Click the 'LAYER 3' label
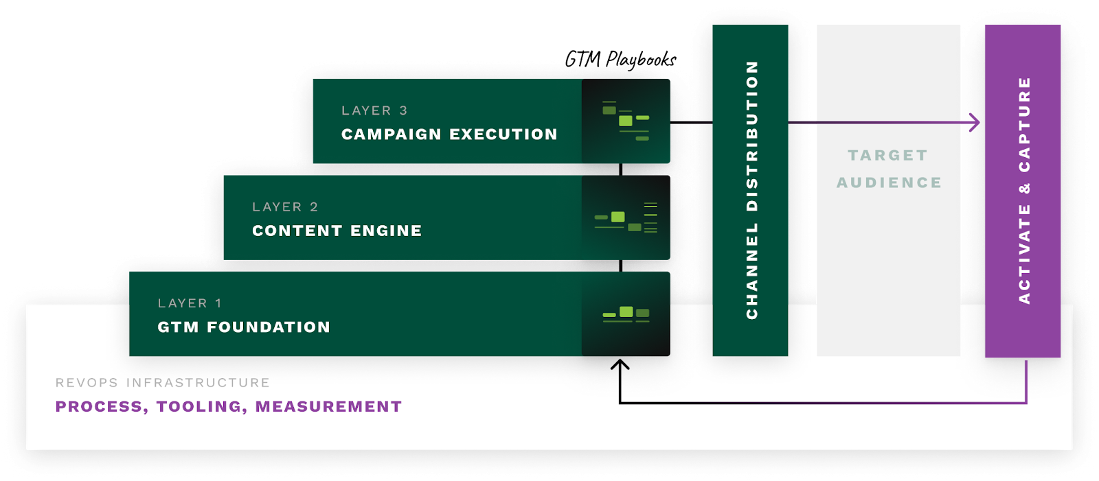pos(374,110)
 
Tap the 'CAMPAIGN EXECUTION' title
pos(449,134)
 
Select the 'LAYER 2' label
pos(285,207)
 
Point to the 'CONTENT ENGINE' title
pos(337,231)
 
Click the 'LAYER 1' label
pos(190,303)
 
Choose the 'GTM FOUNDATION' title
pos(244,327)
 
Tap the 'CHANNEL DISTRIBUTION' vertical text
pos(752,190)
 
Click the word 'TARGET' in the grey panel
pos(887,156)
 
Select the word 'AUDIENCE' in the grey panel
pos(889,183)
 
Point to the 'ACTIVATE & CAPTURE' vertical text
pos(1024,190)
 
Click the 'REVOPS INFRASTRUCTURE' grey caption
pos(163,383)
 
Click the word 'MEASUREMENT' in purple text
pos(328,407)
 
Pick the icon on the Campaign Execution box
pos(626,121)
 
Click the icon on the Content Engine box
pos(626,218)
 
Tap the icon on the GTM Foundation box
pos(626,314)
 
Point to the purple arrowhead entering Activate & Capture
pos(975,123)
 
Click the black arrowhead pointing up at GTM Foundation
pos(620,366)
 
